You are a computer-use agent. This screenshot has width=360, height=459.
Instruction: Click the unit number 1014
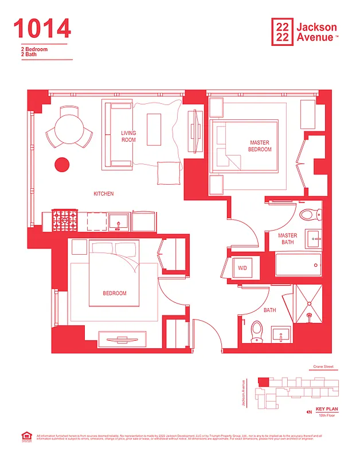coord(42,29)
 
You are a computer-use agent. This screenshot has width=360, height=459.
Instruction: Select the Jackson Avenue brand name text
coord(317,32)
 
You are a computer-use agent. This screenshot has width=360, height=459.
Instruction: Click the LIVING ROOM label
coord(128,137)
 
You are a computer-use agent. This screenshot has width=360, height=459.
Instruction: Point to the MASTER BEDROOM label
coord(260,146)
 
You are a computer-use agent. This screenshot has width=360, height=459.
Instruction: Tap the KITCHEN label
coord(104,194)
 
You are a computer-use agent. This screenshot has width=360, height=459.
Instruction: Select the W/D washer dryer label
coord(242,267)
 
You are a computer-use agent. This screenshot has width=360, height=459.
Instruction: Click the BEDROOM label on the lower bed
coord(115,293)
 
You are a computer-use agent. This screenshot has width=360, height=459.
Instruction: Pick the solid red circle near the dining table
coord(61,165)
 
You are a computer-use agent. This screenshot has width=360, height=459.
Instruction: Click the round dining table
coord(69,126)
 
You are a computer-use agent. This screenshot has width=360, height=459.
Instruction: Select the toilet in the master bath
coord(308,215)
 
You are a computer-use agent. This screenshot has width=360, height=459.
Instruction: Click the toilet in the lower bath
coord(257,330)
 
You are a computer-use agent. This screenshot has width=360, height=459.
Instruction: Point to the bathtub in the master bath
coord(298,266)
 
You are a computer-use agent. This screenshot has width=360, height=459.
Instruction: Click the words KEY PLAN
coord(327,409)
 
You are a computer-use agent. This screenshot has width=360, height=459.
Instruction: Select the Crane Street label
coord(323,367)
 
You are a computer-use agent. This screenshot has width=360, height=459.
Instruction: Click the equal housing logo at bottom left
coord(25,438)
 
